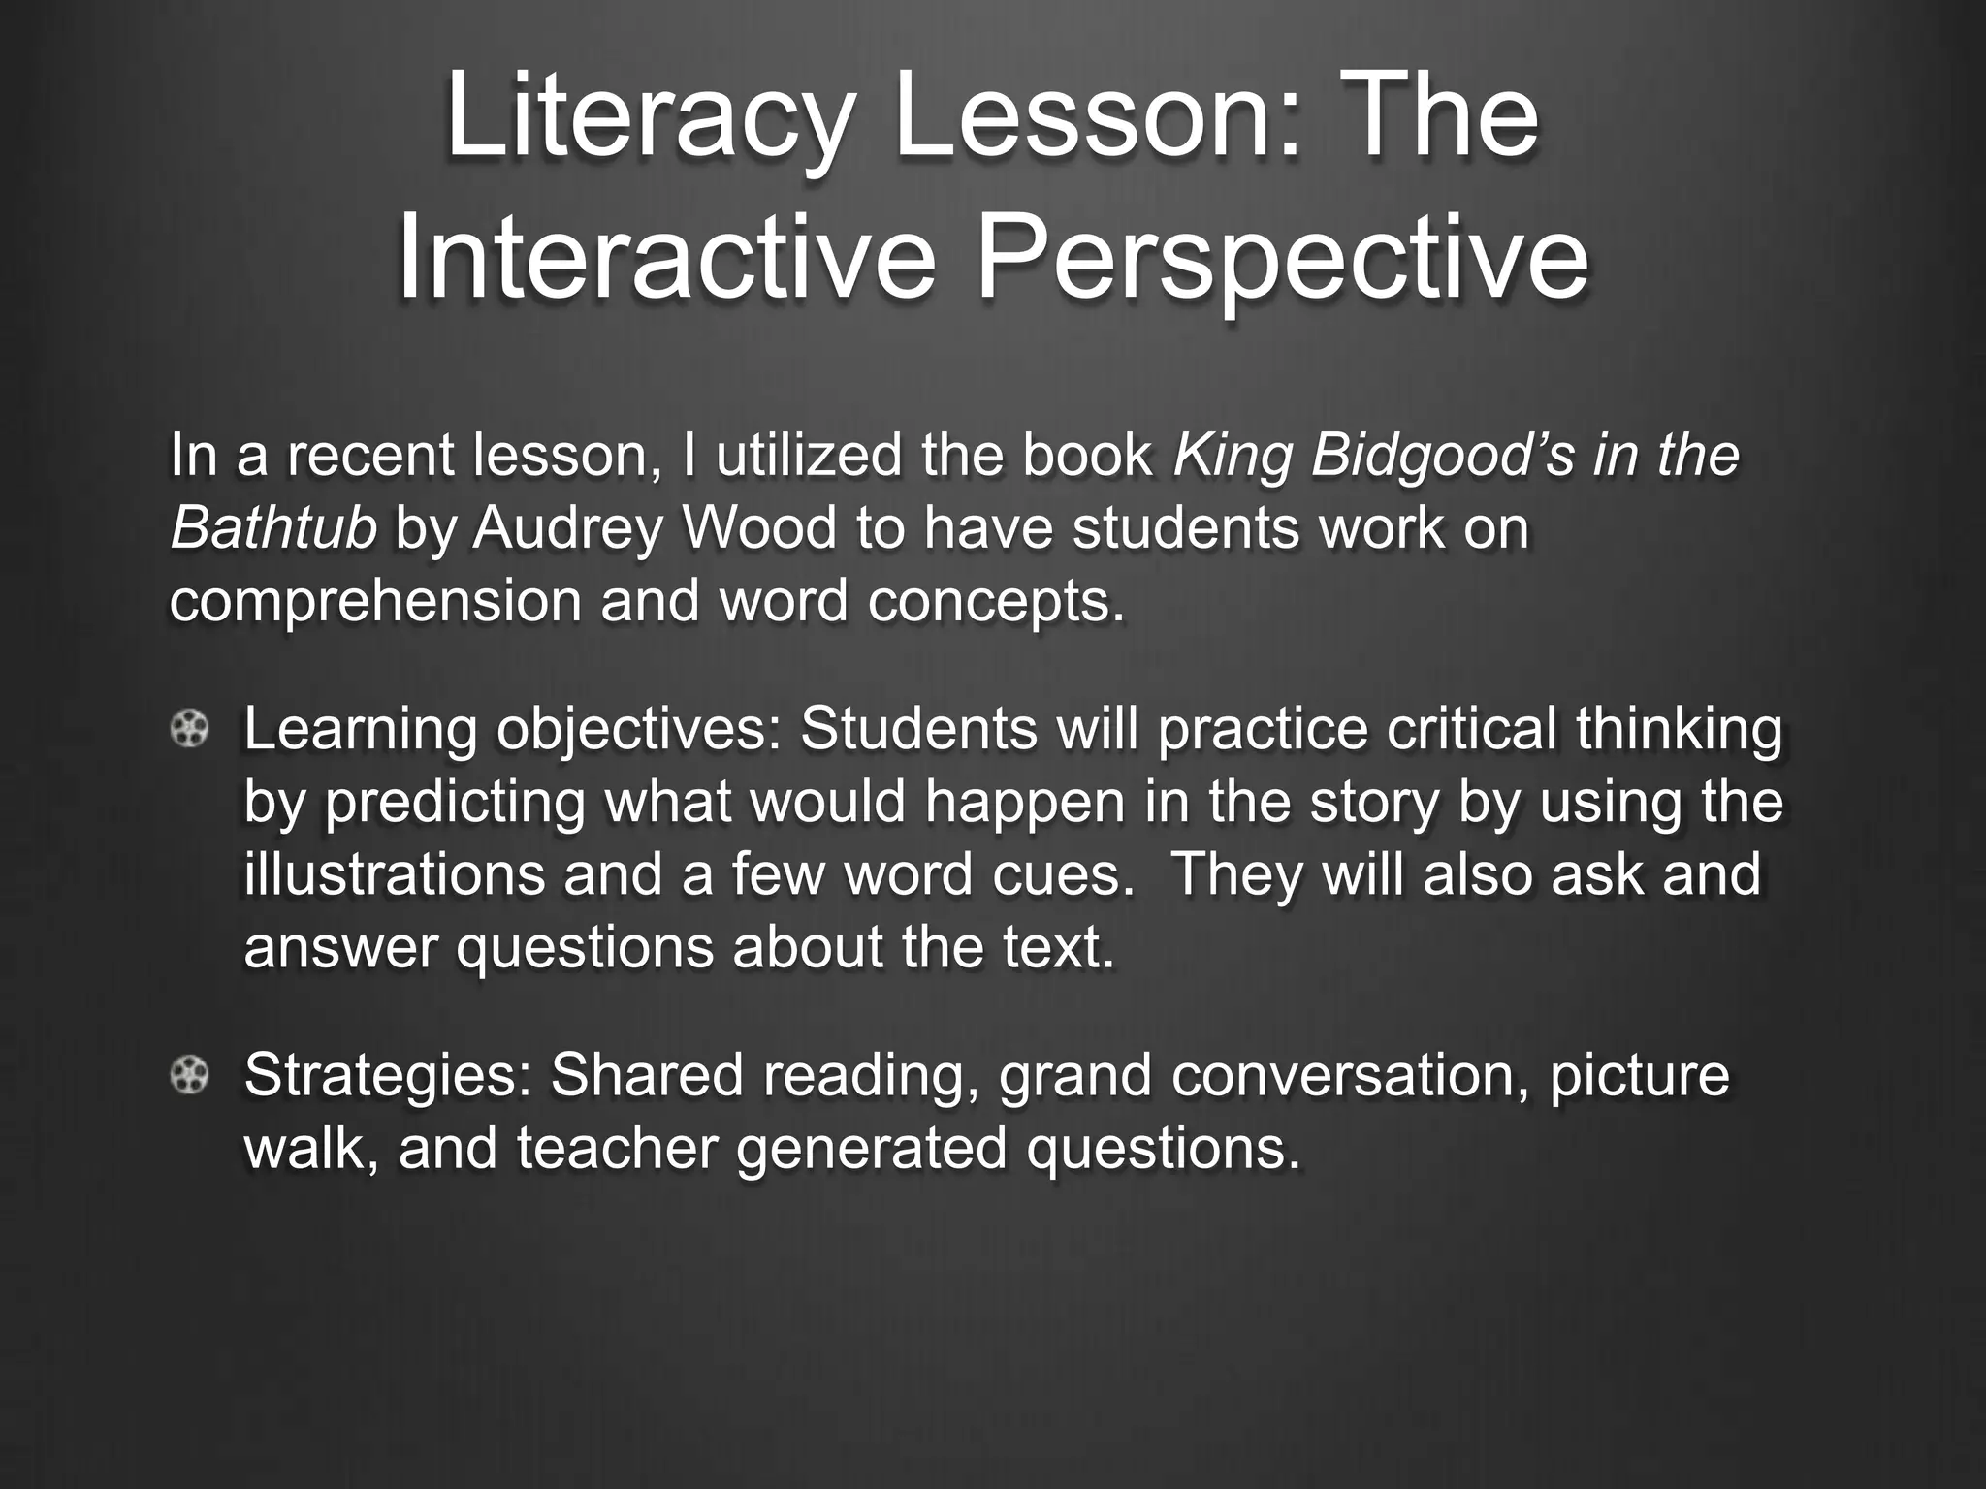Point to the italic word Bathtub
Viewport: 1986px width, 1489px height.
(x=272, y=528)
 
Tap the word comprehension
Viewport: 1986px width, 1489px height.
(x=376, y=601)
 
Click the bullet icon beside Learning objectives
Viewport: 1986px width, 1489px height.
(x=189, y=730)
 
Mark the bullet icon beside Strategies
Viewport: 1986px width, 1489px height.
(x=189, y=1075)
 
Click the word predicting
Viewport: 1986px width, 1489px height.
(x=455, y=803)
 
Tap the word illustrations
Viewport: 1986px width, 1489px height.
(x=394, y=874)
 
